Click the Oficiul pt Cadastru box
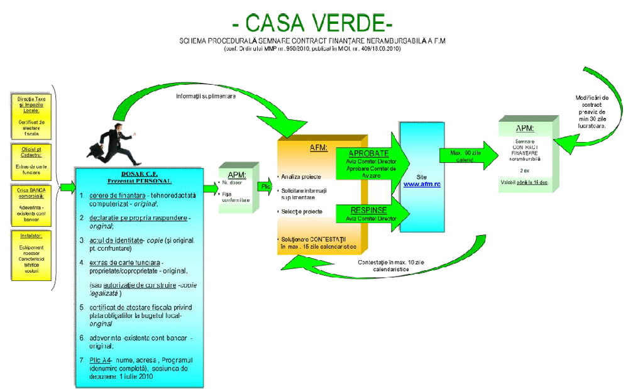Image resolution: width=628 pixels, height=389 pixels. pyautogui.click(x=31, y=160)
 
